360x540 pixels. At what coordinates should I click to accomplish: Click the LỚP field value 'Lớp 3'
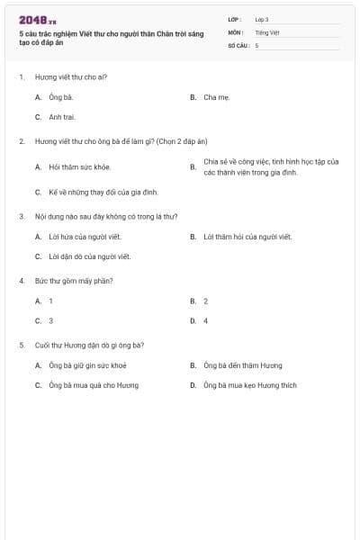(262, 19)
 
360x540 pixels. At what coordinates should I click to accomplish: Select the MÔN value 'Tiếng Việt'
(267, 31)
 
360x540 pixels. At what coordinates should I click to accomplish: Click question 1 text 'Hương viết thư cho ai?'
(71, 76)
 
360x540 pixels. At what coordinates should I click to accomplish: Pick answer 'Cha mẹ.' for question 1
(216, 96)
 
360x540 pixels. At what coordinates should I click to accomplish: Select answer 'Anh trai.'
(62, 117)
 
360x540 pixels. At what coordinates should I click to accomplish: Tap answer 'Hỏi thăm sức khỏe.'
(80, 166)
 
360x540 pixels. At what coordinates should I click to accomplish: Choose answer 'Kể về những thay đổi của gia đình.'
(103, 192)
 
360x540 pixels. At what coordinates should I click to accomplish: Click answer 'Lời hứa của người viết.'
(85, 237)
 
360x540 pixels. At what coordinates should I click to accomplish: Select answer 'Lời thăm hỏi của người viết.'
(247, 237)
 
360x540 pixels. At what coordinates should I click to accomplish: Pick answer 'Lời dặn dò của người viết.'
(89, 256)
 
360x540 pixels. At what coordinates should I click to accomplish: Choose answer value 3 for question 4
(51, 320)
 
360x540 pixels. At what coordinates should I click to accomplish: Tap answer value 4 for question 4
(206, 320)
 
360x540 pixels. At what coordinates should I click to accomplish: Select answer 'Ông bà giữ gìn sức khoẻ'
(87, 365)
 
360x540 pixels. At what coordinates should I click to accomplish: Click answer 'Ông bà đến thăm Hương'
(242, 365)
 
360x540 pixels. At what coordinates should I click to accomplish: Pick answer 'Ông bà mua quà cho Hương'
(94, 385)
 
